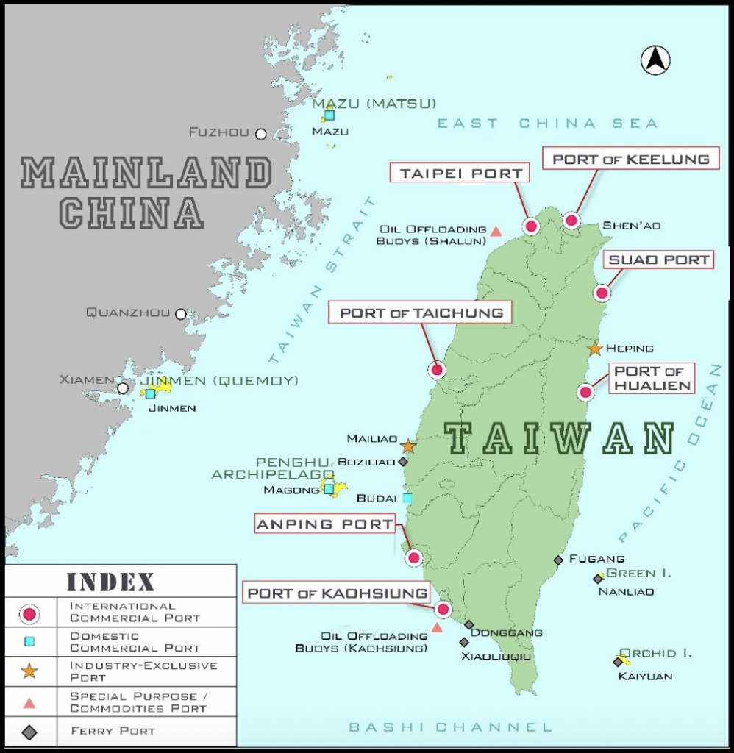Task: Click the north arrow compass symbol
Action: [655, 60]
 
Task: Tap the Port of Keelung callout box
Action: [631, 160]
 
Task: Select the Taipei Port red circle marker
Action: [530, 226]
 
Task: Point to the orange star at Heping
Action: [595, 349]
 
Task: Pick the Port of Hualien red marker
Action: [585, 392]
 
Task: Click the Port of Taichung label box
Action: [421, 313]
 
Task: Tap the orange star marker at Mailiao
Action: [408, 446]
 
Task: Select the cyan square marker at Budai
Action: [407, 498]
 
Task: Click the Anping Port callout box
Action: [324, 524]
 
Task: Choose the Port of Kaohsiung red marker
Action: [443, 609]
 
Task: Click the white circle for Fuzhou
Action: [261, 133]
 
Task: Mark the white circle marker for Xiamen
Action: [123, 388]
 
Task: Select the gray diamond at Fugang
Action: [558, 560]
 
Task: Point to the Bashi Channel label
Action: [450, 727]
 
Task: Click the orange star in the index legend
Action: [29, 671]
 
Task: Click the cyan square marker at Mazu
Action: [329, 115]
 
